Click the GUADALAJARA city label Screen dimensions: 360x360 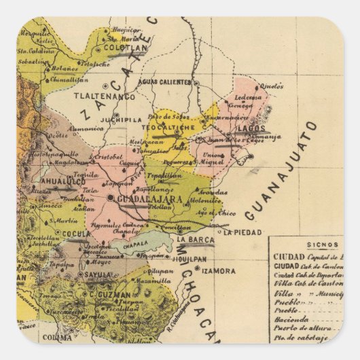point(150,200)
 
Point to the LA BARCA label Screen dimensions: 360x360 point(195,240)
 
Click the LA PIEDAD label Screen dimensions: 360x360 point(240,232)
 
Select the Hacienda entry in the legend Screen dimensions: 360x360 point(291,319)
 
